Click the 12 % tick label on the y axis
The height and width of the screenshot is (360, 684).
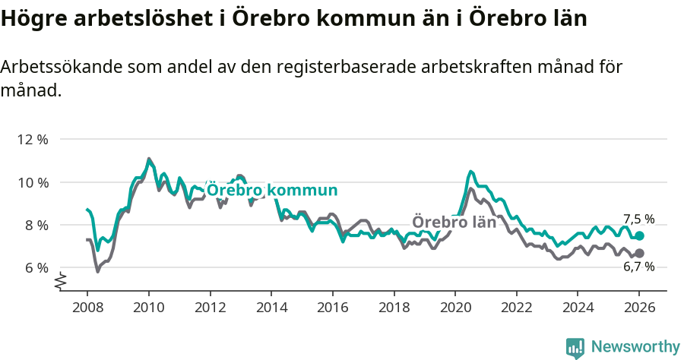pyautogui.click(x=32, y=140)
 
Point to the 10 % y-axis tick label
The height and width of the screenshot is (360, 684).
pyautogui.click(x=32, y=182)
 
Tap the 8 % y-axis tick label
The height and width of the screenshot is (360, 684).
pyautogui.click(x=35, y=225)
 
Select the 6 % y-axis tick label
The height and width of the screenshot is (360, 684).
pyautogui.click(x=35, y=267)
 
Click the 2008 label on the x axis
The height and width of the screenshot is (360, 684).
pyautogui.click(x=87, y=308)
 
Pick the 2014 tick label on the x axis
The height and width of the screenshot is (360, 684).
pyautogui.click(x=271, y=308)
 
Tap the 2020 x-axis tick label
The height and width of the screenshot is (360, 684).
pyautogui.click(x=454, y=308)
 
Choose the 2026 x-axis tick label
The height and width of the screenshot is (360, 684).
pyautogui.click(x=638, y=308)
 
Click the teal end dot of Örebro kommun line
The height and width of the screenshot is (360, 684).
pyautogui.click(x=639, y=236)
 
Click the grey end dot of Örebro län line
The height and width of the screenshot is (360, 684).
pyautogui.click(x=639, y=253)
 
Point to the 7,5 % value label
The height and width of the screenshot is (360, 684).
pyautogui.click(x=638, y=219)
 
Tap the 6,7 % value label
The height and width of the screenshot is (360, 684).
pyautogui.click(x=638, y=267)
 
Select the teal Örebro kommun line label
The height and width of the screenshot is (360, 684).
pyautogui.click(x=272, y=190)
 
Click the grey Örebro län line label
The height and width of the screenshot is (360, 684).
pyautogui.click(x=454, y=223)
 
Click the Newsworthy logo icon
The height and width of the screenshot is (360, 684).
pyautogui.click(x=575, y=347)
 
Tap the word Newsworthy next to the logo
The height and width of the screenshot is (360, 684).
pyautogui.click(x=635, y=347)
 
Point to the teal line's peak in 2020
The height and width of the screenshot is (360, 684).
pyautogui.click(x=471, y=172)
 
